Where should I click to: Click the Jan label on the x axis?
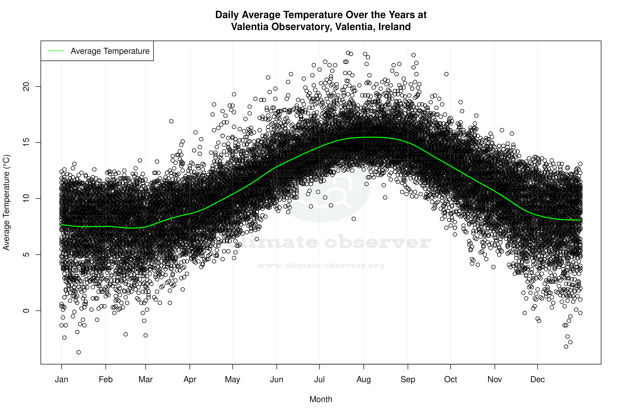click(x=61, y=379)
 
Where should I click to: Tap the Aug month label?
click(x=364, y=379)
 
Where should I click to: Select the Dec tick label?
click(x=537, y=379)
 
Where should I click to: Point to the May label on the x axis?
click(x=232, y=379)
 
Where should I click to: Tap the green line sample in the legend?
click(x=56, y=51)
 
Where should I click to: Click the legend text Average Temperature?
click(x=110, y=51)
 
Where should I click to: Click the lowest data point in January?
click(x=79, y=352)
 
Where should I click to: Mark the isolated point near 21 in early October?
click(x=446, y=74)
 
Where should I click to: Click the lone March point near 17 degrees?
click(x=171, y=121)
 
